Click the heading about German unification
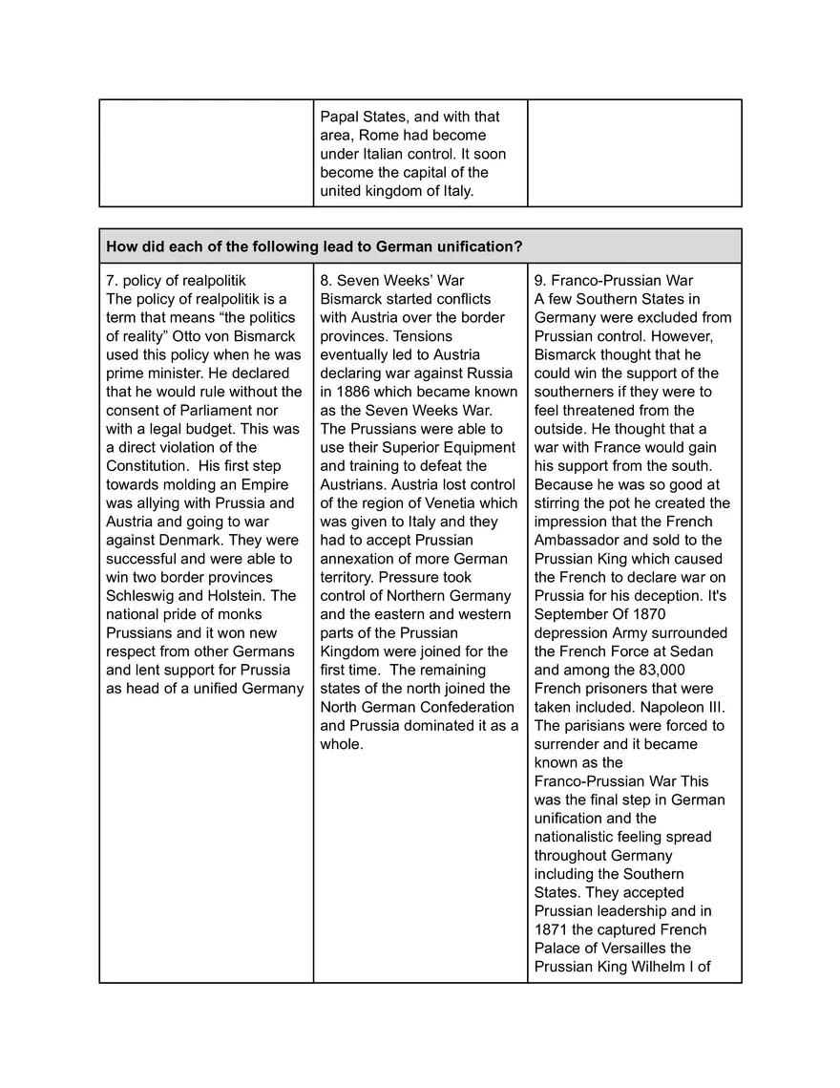point(314,246)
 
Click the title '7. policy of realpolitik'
point(176,280)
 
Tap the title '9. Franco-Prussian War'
point(614,280)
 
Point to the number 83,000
point(659,670)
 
